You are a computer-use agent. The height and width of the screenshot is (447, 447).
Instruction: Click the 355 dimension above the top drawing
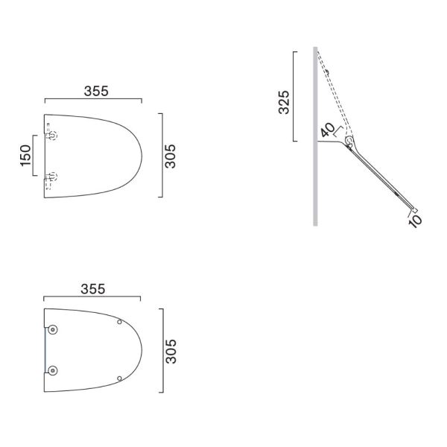92,91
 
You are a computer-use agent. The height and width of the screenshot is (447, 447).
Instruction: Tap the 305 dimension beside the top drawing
171,155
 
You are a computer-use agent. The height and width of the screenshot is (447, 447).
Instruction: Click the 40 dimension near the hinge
327,132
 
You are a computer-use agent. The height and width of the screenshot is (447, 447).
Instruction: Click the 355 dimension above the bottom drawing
92,288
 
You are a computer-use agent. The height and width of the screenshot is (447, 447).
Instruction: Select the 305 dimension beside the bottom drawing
171,351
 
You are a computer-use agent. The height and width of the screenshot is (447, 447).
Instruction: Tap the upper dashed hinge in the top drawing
52,136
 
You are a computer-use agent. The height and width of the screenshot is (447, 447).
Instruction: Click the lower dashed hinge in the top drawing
52,177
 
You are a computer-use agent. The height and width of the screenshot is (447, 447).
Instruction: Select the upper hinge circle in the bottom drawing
54,330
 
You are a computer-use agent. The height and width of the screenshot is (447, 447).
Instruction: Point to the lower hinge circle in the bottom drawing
54,370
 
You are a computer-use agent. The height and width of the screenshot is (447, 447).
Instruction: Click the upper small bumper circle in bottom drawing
119,322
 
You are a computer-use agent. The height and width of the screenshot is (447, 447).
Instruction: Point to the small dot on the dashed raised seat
328,72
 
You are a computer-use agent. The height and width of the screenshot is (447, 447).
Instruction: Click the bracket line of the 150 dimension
34,156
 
